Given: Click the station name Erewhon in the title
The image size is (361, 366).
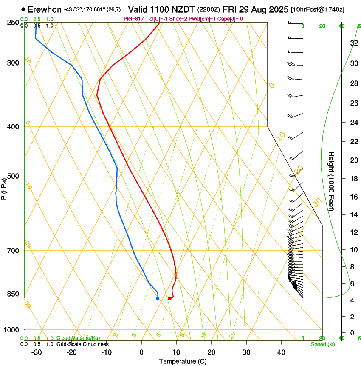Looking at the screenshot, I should [45, 9].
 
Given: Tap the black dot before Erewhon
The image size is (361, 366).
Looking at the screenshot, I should [23, 9].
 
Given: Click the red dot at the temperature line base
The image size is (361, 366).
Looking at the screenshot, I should [169, 298].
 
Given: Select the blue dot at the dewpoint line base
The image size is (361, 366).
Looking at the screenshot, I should [158, 298].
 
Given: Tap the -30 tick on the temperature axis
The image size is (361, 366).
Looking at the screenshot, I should [37, 352].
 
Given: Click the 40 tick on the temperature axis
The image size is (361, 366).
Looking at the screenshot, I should [281, 352].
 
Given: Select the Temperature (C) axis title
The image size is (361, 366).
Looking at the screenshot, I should [183, 362].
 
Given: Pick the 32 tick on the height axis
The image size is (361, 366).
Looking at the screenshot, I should [354, 43].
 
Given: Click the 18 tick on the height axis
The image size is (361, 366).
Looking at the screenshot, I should [354, 179].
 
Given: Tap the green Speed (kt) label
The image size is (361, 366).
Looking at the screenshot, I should [323, 344].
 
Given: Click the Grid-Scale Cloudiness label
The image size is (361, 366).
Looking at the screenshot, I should [82, 344].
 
